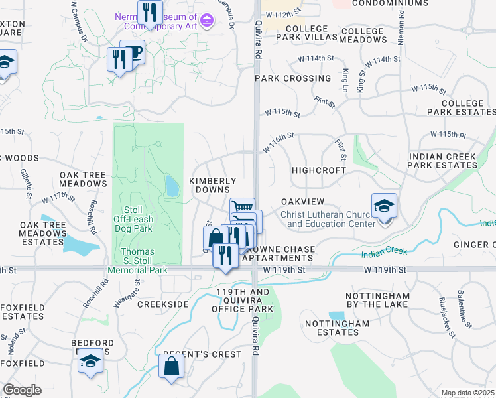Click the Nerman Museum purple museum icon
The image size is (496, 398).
tap(207, 22)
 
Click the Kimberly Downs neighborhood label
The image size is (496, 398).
tap(213, 185)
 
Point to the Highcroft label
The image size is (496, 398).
tap(320, 170)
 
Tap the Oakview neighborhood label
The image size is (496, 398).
tap(302, 201)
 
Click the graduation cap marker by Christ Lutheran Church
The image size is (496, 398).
tap(384, 206)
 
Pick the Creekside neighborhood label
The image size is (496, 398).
tap(162, 304)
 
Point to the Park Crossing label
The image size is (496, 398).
tap(292, 78)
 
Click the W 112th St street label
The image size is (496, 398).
tap(284, 13)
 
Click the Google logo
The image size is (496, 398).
tap(22, 390)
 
